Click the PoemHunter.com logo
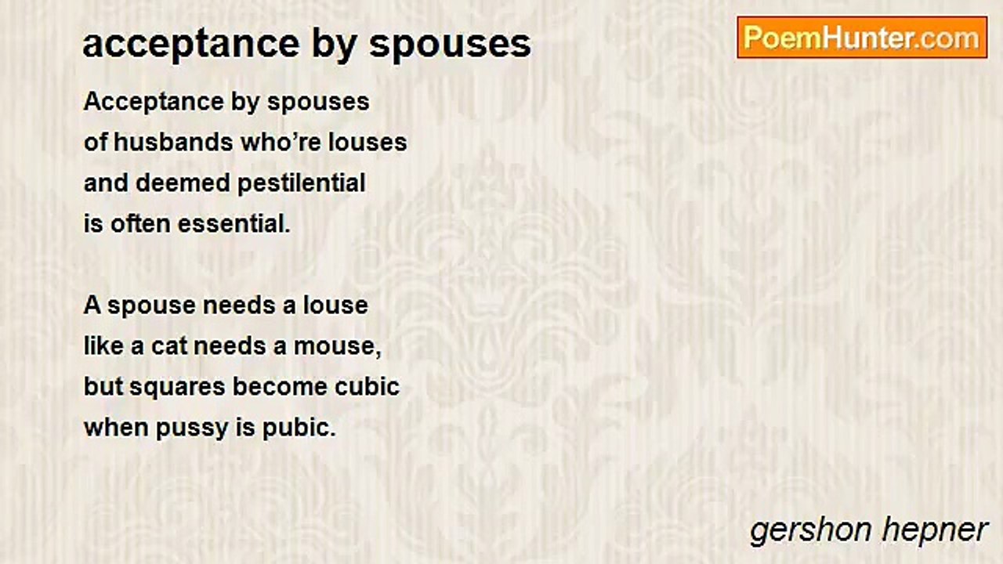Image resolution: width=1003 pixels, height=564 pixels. tap(862, 38)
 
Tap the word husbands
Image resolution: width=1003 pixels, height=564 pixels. tap(173, 143)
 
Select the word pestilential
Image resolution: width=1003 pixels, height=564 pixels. tap(302, 183)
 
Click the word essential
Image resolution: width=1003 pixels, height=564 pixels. tap(234, 224)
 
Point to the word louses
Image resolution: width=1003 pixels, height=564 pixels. tap(368, 143)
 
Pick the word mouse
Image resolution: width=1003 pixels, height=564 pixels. tap(337, 347)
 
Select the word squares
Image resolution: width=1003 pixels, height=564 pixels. tap(177, 388)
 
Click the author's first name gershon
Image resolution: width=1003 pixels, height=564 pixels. tap(810, 531)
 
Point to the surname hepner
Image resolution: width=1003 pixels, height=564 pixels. tap(935, 531)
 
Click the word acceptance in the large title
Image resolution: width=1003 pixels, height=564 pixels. tap(191, 44)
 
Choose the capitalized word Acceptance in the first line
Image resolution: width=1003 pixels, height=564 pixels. tap(154, 103)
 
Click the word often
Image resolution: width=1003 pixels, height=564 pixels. tap(141, 224)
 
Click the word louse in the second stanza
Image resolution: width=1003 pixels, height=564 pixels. tap(336, 305)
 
